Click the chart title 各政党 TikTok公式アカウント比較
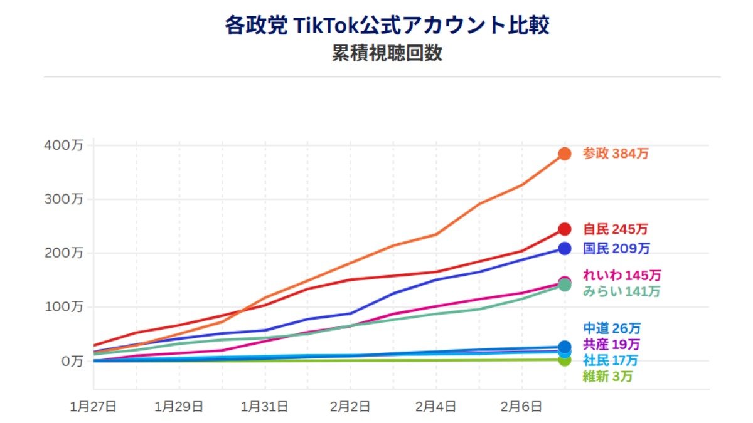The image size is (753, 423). coord(387,26)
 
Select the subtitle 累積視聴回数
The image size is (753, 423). coord(387,53)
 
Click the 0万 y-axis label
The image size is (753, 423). coord(68,361)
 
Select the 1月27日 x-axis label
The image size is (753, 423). coord(93,407)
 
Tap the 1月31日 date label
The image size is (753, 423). coord(264,407)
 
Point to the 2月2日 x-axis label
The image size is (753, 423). coord(350,407)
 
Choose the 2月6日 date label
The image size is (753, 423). coord(521,407)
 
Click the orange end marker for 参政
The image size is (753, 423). coord(565,154)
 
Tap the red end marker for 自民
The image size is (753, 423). coord(565,229)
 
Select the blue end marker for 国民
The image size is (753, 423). coord(565,248)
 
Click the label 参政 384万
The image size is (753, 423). coord(615,154)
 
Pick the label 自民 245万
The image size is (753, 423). coord(615,229)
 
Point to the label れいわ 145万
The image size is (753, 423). coord(621,275)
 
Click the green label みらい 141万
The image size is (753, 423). coord(621,291)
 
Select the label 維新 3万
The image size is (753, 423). coord(607,377)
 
